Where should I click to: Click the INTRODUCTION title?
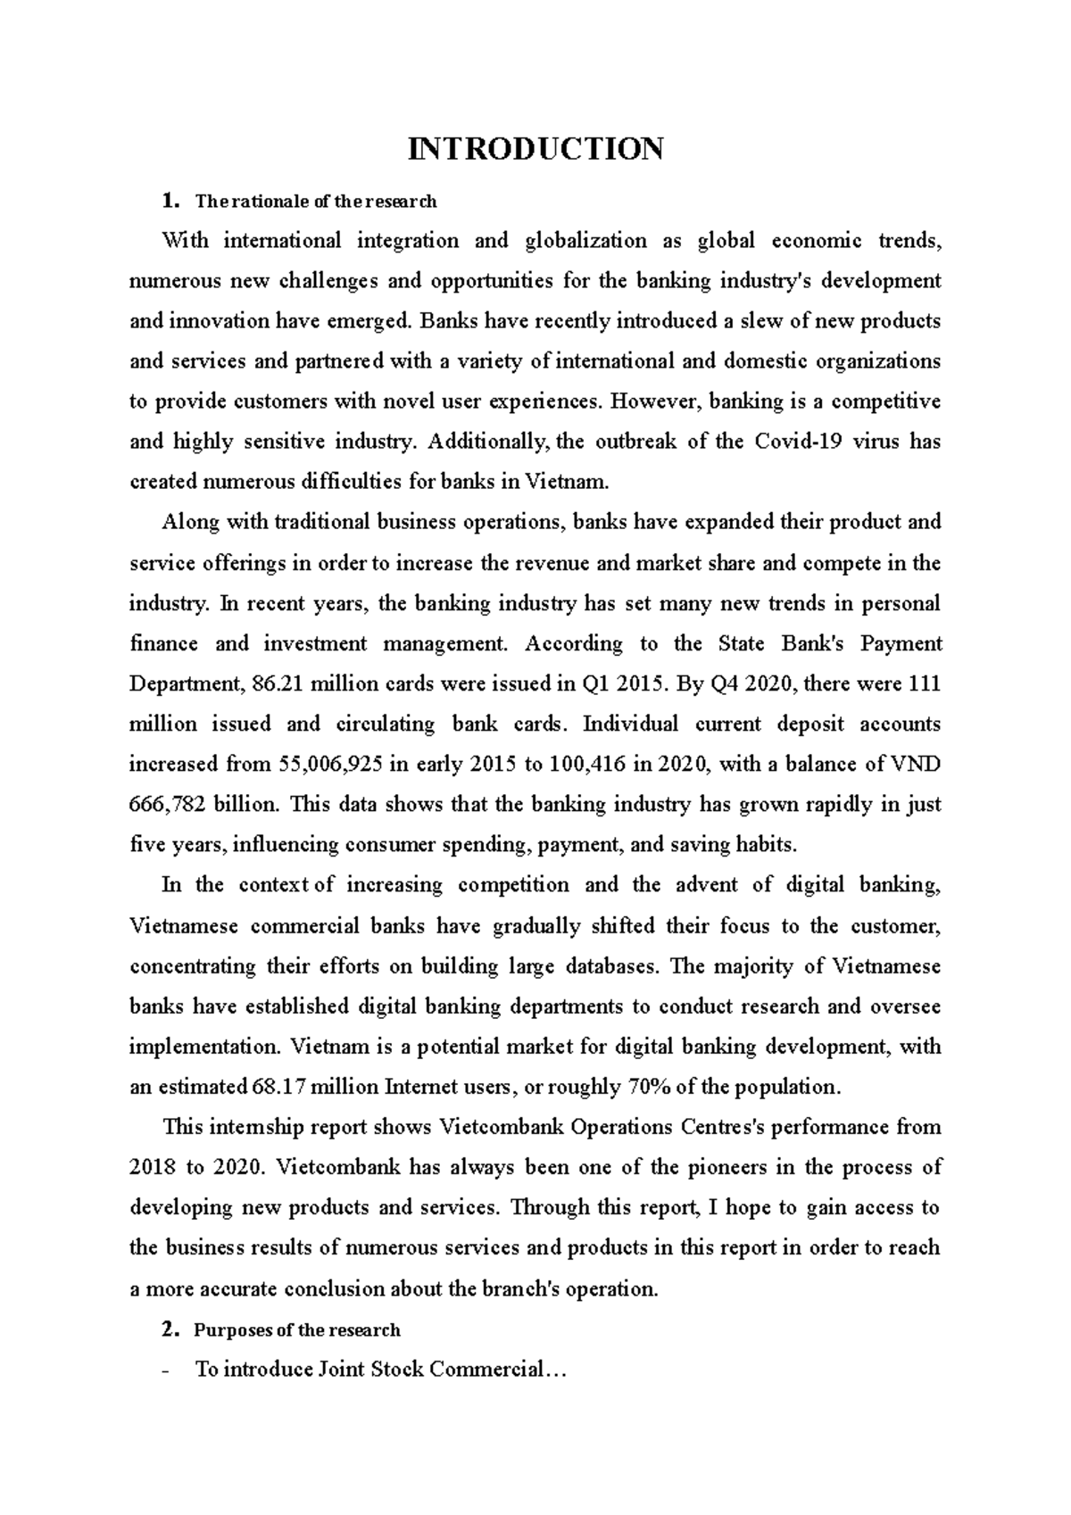535,148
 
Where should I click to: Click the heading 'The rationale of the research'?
315,202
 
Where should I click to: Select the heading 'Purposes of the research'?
296,1330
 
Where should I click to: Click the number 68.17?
280,1088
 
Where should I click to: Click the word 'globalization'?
585,241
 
